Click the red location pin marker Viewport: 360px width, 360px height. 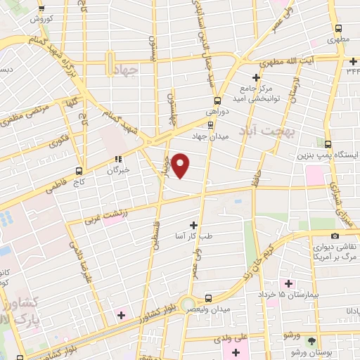coord(181,165)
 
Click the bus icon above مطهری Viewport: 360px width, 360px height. coord(340,30)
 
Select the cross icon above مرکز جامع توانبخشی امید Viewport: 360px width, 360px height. coord(256,77)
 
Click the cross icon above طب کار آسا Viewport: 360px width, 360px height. coord(193,226)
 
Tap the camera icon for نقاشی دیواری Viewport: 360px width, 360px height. coord(335,236)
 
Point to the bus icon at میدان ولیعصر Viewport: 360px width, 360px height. coord(208,298)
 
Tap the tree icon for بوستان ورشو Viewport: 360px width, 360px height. coord(312,340)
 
